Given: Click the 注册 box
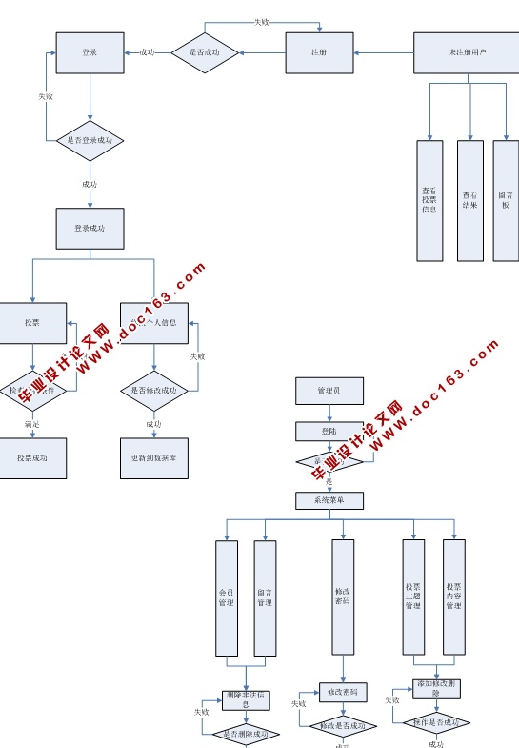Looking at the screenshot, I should [319, 52].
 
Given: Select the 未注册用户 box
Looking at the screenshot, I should [466, 52].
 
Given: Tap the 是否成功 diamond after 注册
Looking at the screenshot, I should [204, 52].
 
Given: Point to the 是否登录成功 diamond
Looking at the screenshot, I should [90, 140].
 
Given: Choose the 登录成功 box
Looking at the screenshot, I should [90, 229].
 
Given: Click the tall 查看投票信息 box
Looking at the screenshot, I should [429, 200].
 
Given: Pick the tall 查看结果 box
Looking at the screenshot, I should [469, 200].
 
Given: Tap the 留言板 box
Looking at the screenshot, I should [506, 200].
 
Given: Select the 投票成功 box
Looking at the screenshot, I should [33, 457].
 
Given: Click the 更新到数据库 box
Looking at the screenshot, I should [154, 457].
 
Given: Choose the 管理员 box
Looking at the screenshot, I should [329, 391].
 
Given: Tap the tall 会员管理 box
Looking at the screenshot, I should [227, 598].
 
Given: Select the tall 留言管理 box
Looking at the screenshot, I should [265, 598].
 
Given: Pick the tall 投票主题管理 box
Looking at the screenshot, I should [412, 596].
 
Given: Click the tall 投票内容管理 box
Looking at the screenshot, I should [454, 596].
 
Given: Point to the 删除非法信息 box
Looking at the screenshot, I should [247, 699].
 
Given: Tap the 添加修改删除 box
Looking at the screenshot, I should [437, 688].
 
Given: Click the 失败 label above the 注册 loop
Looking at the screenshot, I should [261, 22].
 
